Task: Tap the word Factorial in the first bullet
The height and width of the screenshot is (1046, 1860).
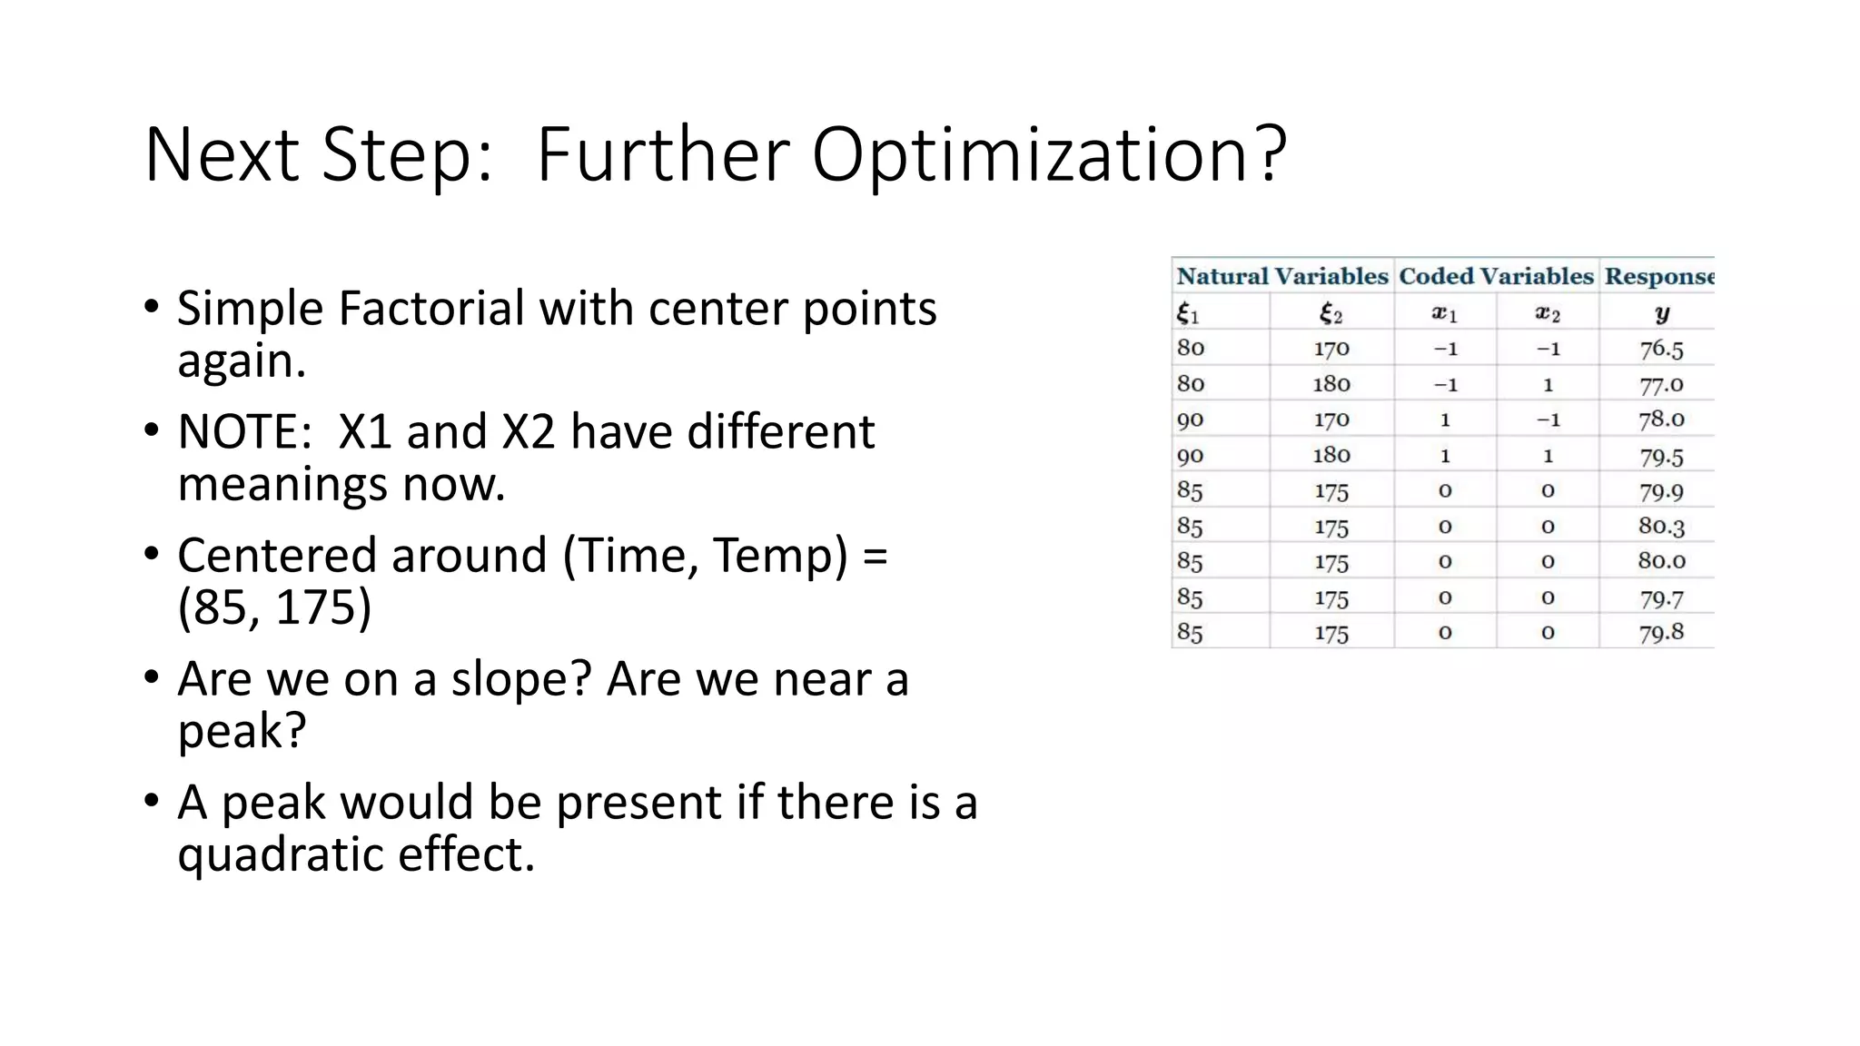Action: tap(433, 309)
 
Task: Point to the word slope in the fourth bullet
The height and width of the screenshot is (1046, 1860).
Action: tap(520, 679)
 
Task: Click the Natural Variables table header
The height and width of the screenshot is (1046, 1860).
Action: tap(1282, 276)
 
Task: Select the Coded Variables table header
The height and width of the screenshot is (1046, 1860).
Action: tap(1496, 276)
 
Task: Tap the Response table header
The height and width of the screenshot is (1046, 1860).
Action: tap(1658, 276)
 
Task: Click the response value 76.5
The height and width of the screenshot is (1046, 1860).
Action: tap(1661, 349)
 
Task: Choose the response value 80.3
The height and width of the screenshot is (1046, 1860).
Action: tap(1661, 527)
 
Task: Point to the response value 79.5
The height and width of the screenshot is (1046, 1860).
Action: tap(1661, 456)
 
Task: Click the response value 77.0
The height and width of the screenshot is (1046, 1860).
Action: tap(1661, 384)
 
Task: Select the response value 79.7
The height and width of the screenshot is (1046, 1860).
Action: tap(1661, 598)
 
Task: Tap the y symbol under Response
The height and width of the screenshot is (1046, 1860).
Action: tap(1661, 313)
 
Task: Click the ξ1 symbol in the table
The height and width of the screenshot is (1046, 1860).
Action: tap(1188, 314)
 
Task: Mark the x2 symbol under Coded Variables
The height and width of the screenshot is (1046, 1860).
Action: tap(1548, 314)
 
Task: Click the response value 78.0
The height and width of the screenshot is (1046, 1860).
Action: tap(1661, 419)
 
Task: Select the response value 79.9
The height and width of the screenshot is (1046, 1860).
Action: tap(1661, 491)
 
